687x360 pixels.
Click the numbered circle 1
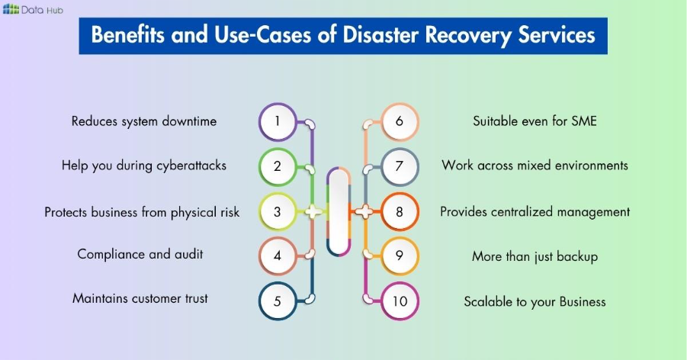click(278, 121)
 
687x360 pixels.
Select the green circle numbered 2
click(278, 166)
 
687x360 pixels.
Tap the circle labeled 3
click(278, 211)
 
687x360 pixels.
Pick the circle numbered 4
click(278, 256)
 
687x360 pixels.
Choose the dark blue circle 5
click(278, 301)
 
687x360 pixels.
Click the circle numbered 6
click(399, 121)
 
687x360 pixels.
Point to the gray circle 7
click(399, 166)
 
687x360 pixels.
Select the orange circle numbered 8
click(399, 211)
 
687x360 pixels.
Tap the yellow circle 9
click(399, 256)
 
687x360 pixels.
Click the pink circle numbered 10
click(399, 301)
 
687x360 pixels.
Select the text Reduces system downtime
click(144, 121)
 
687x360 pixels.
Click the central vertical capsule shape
click(338, 211)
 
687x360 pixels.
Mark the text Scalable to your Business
click(535, 301)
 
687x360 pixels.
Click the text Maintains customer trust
click(140, 298)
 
